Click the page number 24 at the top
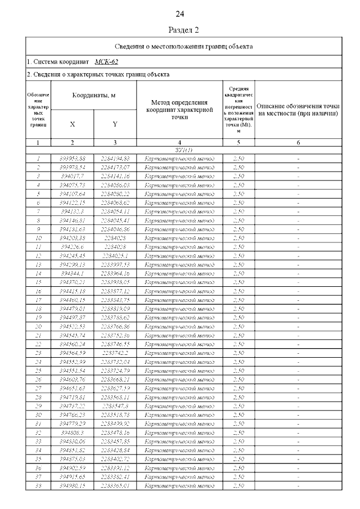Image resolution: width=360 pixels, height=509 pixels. tap(180, 14)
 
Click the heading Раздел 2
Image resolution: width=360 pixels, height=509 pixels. tap(184, 29)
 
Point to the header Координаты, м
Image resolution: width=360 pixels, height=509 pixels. tap(93, 96)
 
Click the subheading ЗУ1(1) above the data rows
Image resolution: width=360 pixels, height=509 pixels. tap(179, 151)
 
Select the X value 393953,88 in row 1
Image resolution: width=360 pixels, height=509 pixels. tap(72, 159)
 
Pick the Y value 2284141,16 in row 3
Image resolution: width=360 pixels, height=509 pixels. tap(115, 176)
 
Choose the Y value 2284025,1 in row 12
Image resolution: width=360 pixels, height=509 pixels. tap(115, 255)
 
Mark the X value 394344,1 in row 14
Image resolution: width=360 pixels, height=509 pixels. tap(72, 273)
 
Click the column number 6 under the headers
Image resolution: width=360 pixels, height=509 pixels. tap(298, 143)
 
